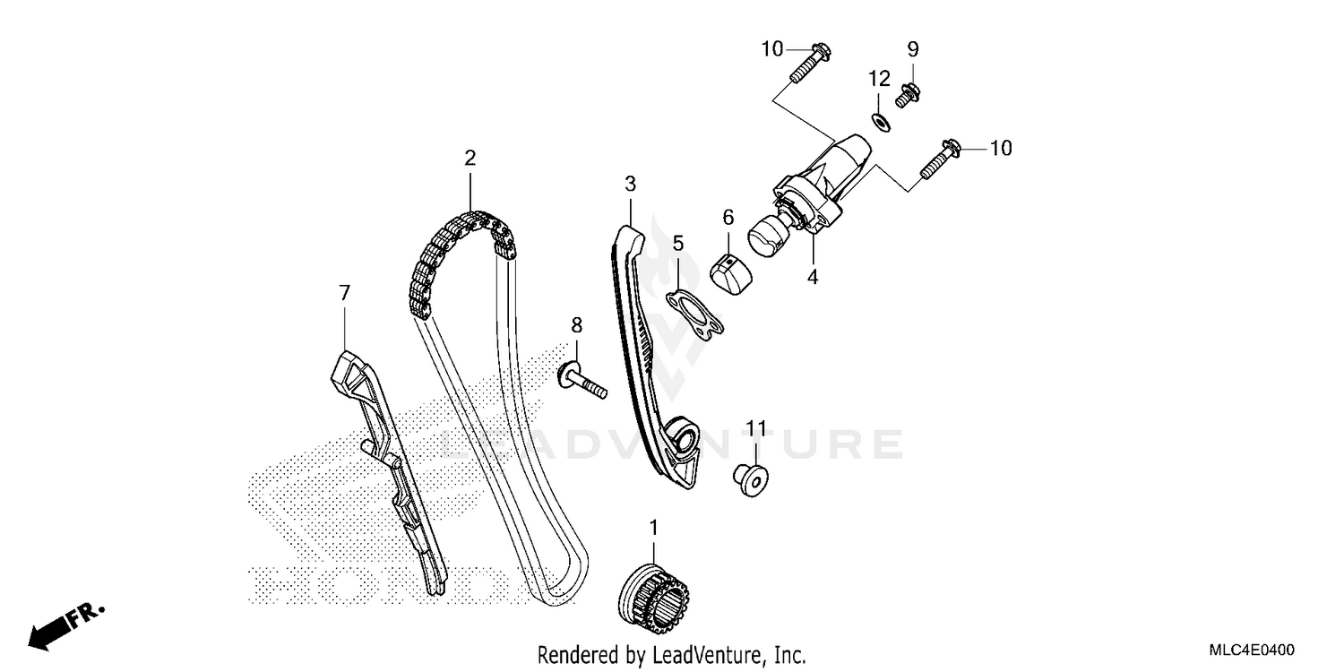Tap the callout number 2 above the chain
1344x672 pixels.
(x=470, y=158)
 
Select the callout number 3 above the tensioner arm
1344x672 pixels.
(x=630, y=184)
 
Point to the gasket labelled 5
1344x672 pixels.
(x=694, y=313)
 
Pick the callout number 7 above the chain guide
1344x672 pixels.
(x=344, y=293)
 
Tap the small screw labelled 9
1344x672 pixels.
(x=908, y=96)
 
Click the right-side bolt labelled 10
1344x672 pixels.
(x=940, y=159)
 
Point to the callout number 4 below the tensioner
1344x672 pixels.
(x=813, y=277)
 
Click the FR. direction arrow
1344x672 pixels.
(x=66, y=625)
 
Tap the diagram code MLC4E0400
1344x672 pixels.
(x=1252, y=650)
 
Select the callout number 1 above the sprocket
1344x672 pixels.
(x=654, y=528)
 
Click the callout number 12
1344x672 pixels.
(x=880, y=79)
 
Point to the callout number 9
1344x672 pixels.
(x=913, y=49)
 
